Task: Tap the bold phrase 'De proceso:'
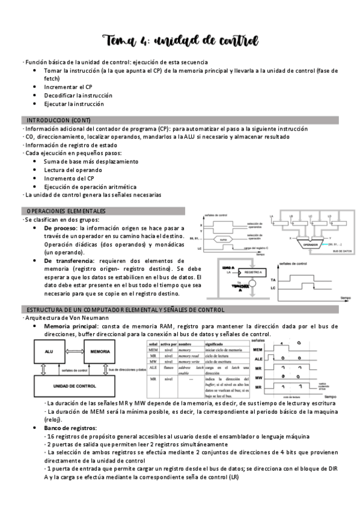pos(61,229)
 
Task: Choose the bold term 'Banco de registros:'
pos(70,427)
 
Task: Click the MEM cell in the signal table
pos(153,349)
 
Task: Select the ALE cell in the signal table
pos(153,367)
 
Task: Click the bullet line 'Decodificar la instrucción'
pos(78,95)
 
